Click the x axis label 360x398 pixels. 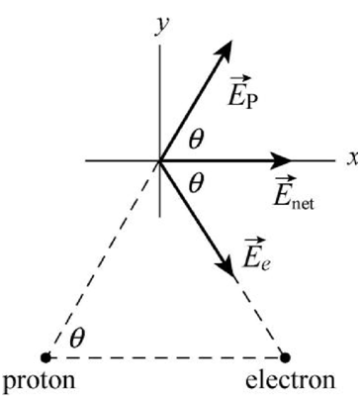pyautogui.click(x=353, y=158)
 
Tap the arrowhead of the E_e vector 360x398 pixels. pyautogui.click(x=225, y=265)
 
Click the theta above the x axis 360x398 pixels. pyautogui.click(x=196, y=140)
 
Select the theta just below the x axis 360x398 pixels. pyautogui.click(x=196, y=183)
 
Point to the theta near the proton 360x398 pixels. pyautogui.click(x=77, y=339)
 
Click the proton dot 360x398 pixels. pyautogui.click(x=45, y=357)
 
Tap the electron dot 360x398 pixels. pyautogui.click(x=285, y=357)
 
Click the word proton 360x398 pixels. pyautogui.click(x=39, y=381)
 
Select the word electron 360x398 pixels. pyautogui.click(x=291, y=380)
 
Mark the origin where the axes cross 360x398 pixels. pyautogui.click(x=160, y=160)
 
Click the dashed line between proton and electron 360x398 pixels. pyautogui.click(x=165, y=357)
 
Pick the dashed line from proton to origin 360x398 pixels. pyautogui.click(x=103, y=259)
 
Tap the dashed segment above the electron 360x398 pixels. pyautogui.click(x=260, y=316)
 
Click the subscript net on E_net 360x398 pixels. pyautogui.click(x=303, y=205)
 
